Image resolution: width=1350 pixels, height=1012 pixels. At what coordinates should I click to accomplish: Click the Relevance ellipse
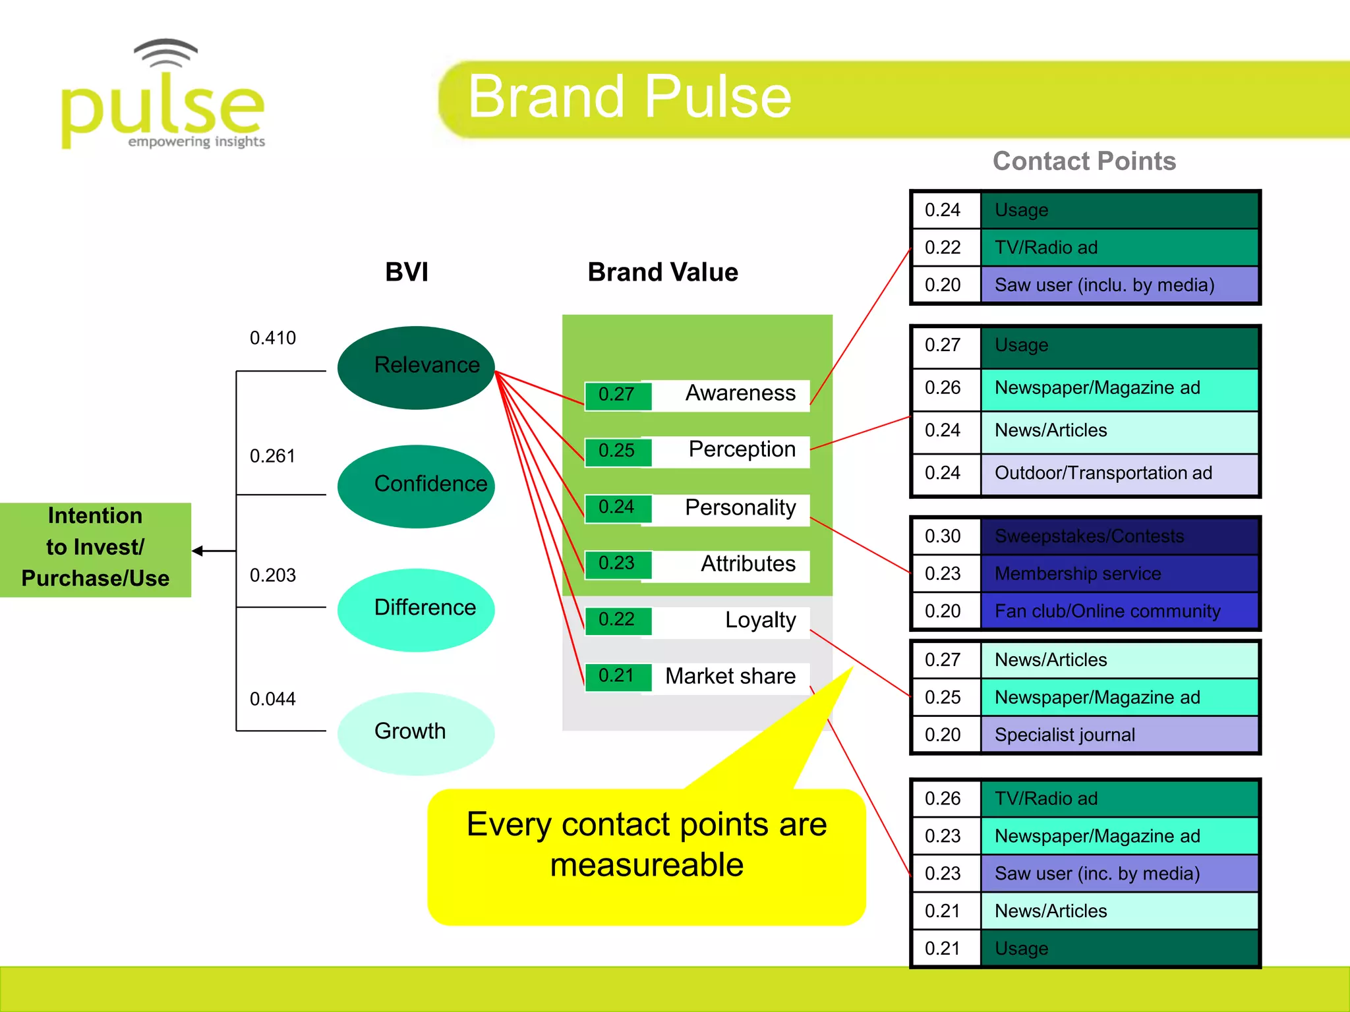pos(416,367)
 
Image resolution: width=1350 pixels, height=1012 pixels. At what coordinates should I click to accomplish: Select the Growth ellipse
pos(416,733)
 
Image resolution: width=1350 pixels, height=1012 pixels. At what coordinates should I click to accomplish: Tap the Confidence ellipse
pos(416,486)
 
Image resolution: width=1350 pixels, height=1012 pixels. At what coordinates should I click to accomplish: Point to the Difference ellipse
pos(416,609)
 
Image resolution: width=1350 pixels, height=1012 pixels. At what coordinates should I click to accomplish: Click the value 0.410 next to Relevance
pos(272,338)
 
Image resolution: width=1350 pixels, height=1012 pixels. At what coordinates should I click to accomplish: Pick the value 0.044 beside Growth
pos(272,699)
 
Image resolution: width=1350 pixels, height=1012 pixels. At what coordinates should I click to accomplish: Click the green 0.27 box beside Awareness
pos(617,395)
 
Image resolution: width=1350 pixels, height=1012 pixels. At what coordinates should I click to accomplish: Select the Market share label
pos(730,677)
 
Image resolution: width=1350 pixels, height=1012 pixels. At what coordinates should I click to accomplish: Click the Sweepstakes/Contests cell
pos(1119,536)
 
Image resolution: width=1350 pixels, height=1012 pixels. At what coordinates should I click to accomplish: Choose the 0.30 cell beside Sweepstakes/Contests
pos(943,536)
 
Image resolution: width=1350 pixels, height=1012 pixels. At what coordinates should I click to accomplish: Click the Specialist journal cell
pos(1119,735)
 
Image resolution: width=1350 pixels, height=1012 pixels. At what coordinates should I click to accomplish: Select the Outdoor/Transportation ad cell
pos(1119,473)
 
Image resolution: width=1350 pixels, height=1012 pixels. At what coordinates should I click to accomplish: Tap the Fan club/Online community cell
pos(1119,611)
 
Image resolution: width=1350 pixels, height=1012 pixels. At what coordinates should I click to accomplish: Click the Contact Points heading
pos(1084,161)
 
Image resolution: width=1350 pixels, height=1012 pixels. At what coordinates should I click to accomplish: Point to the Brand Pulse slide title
pos(630,98)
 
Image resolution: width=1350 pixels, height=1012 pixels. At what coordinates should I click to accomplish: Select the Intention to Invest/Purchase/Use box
pos(96,548)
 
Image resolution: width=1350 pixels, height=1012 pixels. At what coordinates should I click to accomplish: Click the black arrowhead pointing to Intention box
pos(198,551)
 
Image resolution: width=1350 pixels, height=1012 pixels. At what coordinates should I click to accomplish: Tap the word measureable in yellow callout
pos(647,865)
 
